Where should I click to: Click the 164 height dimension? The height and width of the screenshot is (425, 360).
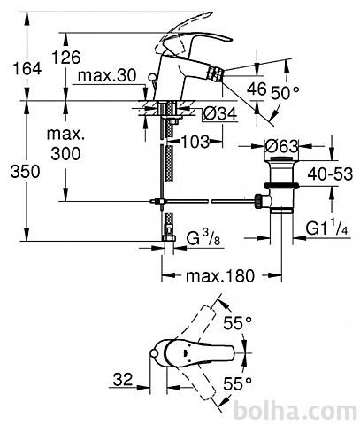[x=27, y=69]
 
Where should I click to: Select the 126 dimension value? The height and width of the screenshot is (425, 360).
[x=66, y=57]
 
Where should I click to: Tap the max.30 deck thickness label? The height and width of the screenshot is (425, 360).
[x=107, y=76]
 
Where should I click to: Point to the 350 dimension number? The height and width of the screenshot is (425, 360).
[x=25, y=172]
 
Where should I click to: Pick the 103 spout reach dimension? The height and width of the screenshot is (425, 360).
[x=195, y=142]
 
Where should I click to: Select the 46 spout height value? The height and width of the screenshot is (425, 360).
[x=257, y=89]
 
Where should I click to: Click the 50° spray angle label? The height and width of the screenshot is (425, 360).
[x=285, y=93]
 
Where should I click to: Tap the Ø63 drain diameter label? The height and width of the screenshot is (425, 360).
[x=281, y=146]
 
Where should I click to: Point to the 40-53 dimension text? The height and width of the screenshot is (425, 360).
[x=330, y=174]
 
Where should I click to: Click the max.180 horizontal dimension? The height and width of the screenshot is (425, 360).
[x=220, y=276]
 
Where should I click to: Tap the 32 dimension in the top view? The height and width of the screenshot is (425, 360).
[x=123, y=379]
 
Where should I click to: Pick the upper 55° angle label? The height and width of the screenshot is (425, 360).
[x=238, y=322]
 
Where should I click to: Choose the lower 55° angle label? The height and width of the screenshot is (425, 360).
[x=238, y=384]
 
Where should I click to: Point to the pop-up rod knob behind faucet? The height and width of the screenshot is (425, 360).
[x=153, y=77]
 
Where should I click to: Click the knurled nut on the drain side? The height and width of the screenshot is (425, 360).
[x=258, y=201]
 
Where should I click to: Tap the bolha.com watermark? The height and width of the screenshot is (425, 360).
[x=295, y=412]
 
